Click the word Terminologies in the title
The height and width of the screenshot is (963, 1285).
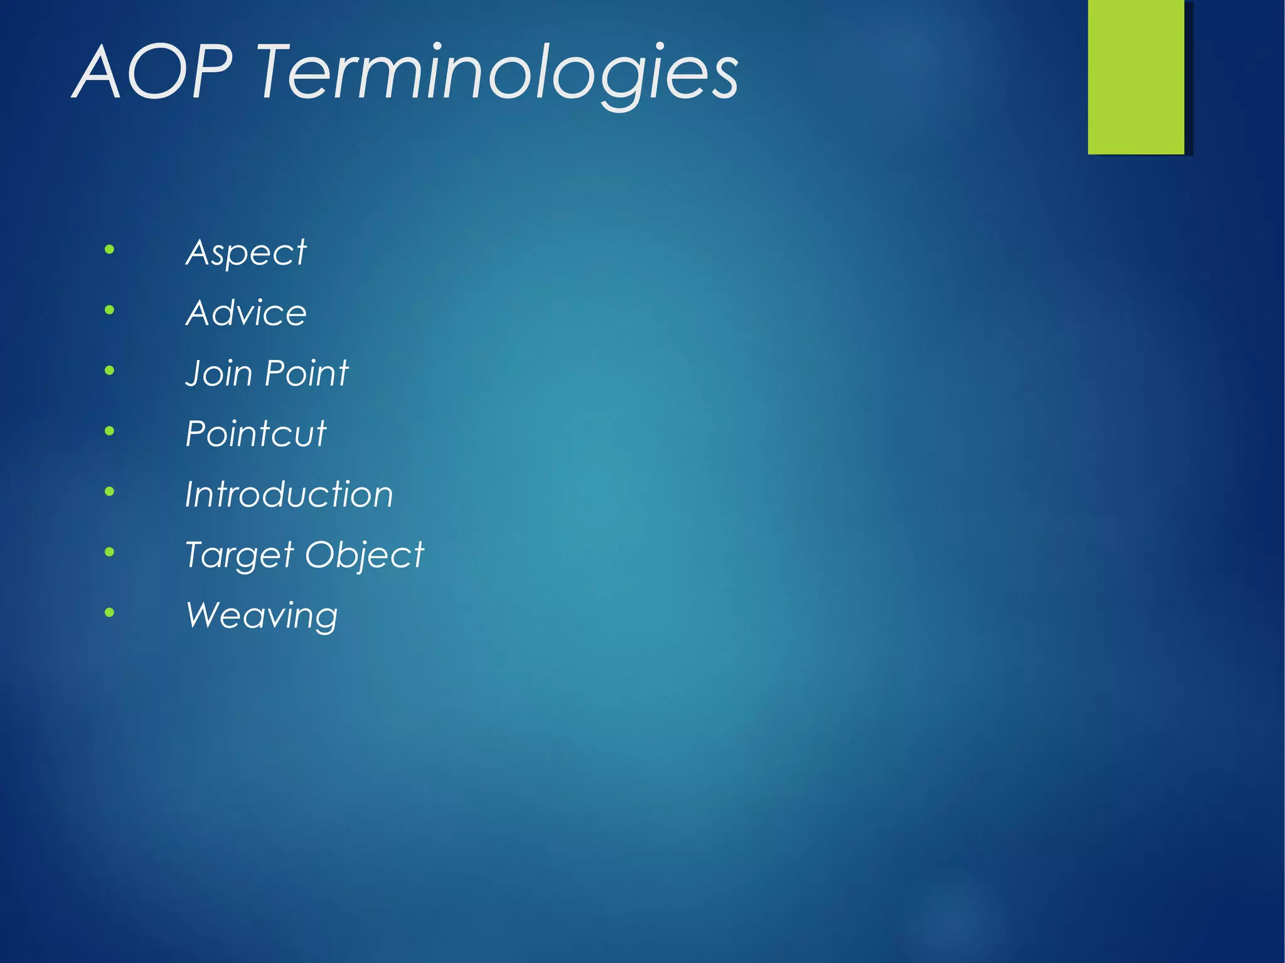(x=498, y=74)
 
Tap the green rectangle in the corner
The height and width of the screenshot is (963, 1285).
(x=1136, y=77)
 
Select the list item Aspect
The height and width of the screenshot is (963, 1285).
(x=246, y=253)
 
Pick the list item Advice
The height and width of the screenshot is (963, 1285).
(x=246, y=312)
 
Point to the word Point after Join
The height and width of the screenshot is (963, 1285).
(x=306, y=373)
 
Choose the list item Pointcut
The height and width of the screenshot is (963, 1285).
(x=256, y=434)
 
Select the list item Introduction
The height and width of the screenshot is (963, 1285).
(x=289, y=494)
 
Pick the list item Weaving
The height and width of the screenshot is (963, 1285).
(x=262, y=615)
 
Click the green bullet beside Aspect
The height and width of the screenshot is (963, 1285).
(x=110, y=250)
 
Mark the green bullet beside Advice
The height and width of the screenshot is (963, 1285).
(x=110, y=310)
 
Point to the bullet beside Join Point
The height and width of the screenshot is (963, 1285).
(x=110, y=371)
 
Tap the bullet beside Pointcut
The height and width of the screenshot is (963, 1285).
(x=110, y=431)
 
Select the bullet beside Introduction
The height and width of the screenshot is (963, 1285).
(x=110, y=491)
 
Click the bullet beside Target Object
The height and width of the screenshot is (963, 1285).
(x=110, y=552)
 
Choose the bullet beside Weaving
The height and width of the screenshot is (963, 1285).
(x=110, y=612)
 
